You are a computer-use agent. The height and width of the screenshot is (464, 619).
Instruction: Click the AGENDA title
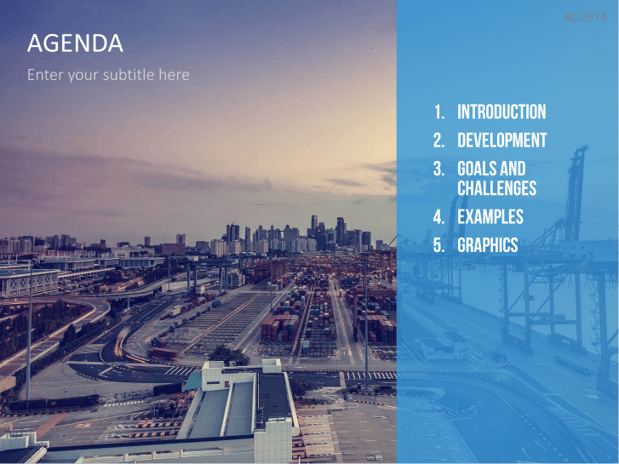pos(75,43)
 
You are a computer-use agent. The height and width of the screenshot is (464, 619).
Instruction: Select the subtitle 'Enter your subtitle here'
pos(108,75)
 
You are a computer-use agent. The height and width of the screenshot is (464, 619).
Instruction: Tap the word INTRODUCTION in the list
pos(502,112)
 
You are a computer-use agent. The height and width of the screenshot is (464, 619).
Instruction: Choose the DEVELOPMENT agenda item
pos(502,140)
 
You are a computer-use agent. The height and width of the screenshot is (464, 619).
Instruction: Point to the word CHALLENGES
pos(496,188)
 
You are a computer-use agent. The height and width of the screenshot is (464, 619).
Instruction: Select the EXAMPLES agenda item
pos(490,216)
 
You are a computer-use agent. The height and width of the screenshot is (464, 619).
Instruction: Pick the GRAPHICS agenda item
pos(487,245)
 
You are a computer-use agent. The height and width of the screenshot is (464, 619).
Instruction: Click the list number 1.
pos(438,112)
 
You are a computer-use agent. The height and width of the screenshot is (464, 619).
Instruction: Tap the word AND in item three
pos(513,169)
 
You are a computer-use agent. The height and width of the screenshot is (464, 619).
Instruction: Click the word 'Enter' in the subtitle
pos(44,75)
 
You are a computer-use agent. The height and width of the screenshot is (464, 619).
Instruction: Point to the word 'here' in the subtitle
pos(174,75)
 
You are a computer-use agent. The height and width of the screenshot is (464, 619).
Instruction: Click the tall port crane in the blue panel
pos(576,221)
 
